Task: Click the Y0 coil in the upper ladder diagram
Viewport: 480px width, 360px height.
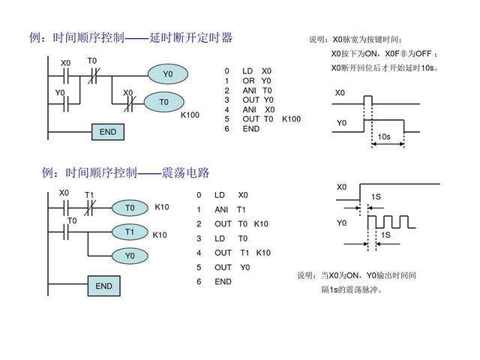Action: pyautogui.click(x=168, y=74)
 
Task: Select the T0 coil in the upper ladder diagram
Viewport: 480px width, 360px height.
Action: pyautogui.click(x=164, y=101)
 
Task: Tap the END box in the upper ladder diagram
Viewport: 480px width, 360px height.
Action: pyautogui.click(x=108, y=132)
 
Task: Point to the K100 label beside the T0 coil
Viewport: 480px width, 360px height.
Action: pyautogui.click(x=190, y=115)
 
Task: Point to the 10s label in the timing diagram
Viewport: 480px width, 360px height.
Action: pyautogui.click(x=384, y=137)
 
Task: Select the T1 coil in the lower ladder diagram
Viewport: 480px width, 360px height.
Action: pyautogui.click(x=130, y=232)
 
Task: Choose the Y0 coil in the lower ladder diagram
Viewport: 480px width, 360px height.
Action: pyautogui.click(x=130, y=256)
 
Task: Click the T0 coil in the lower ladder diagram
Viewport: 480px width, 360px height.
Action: pyautogui.click(x=130, y=207)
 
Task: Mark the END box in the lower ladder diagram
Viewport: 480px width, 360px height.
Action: pyautogui.click(x=104, y=286)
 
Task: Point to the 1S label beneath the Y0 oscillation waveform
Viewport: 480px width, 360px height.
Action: pyautogui.click(x=386, y=235)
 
